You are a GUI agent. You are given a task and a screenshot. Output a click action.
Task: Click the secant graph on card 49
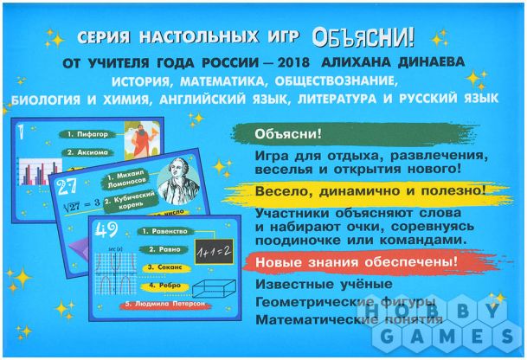(x=114, y=276)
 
